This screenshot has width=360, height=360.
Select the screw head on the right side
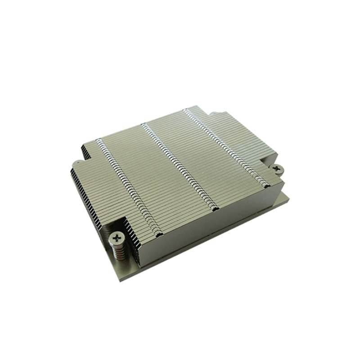click(278, 168)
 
